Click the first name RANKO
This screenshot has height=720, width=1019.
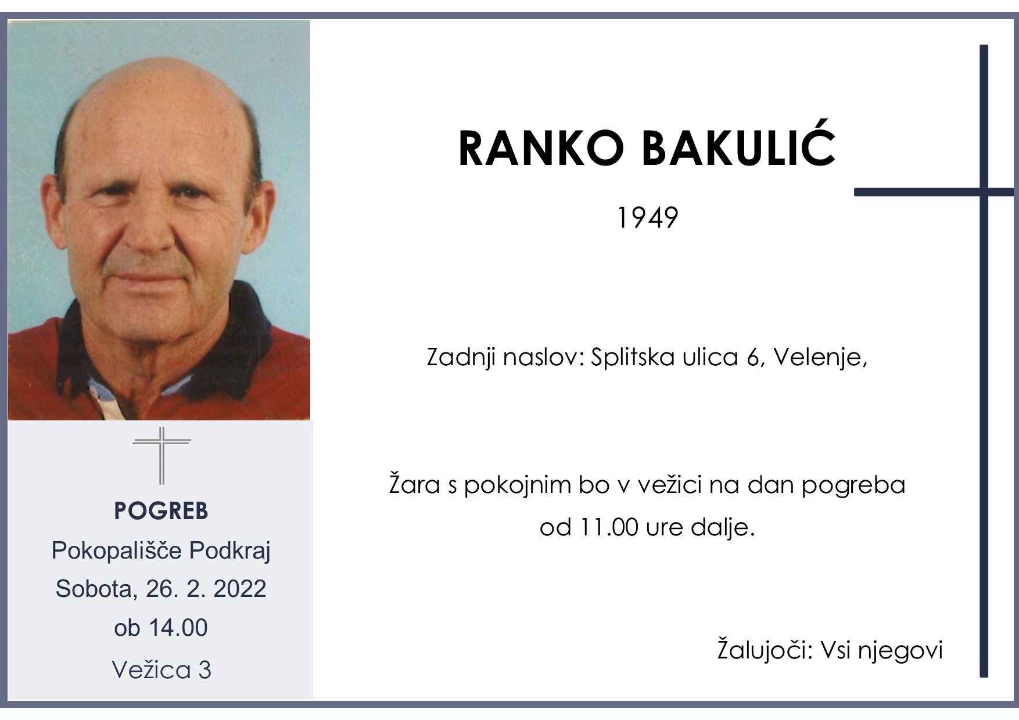[x=540, y=149]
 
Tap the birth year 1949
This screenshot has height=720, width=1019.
[x=647, y=218]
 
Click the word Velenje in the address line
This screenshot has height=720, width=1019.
[x=819, y=357]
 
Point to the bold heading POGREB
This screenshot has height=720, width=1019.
[x=161, y=511]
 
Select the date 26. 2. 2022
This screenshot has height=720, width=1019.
[x=206, y=589]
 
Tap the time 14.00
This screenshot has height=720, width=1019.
[x=177, y=628]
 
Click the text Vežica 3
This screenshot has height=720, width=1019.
[x=162, y=669]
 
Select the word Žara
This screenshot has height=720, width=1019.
[x=415, y=485]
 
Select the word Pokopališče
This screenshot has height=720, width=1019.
[x=116, y=550]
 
